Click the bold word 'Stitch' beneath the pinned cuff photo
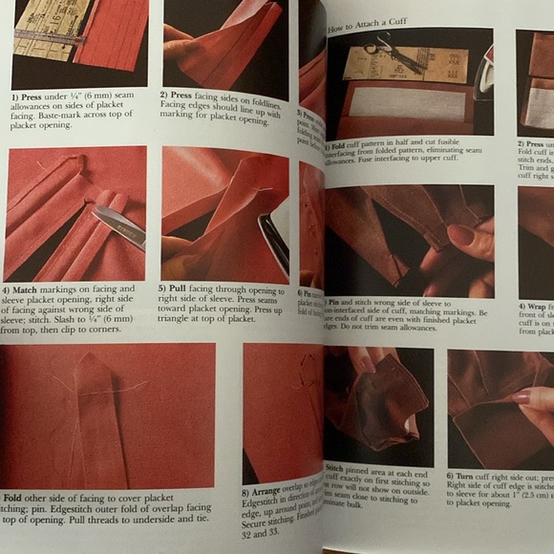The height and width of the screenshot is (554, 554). (x=336, y=468)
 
